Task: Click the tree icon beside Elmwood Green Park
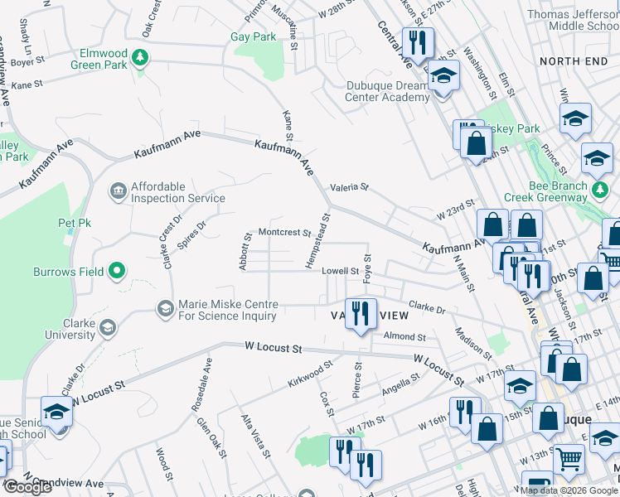142,57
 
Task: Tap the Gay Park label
253,37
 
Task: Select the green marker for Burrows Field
117,271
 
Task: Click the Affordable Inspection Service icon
117,192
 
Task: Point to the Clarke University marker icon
107,329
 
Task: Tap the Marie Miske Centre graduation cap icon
165,309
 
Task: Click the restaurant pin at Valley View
360,313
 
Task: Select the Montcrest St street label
283,233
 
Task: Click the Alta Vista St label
255,437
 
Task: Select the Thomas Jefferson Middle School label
572,20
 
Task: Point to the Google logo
27,487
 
